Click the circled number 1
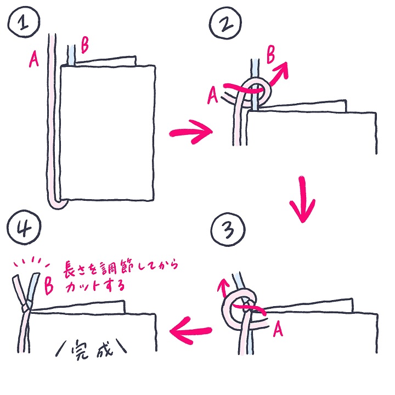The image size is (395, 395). pyautogui.click(x=24, y=22)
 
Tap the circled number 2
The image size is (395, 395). pyautogui.click(x=225, y=23)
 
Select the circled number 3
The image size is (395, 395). pyautogui.click(x=228, y=229)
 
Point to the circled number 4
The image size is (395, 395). pyautogui.click(x=24, y=228)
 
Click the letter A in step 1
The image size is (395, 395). pyautogui.click(x=34, y=59)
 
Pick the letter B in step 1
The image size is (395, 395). pyautogui.click(x=84, y=46)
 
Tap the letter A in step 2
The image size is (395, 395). pyautogui.click(x=212, y=95)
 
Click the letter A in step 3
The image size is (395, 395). pyautogui.click(x=278, y=330)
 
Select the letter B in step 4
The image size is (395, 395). pyautogui.click(x=49, y=286)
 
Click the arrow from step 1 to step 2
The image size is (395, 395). pyautogui.click(x=191, y=132)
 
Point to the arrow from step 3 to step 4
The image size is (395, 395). pyautogui.click(x=191, y=330)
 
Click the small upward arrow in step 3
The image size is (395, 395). pyautogui.click(x=223, y=287)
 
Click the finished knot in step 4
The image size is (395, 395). pyautogui.click(x=26, y=308)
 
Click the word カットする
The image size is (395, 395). pyautogui.click(x=95, y=286)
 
